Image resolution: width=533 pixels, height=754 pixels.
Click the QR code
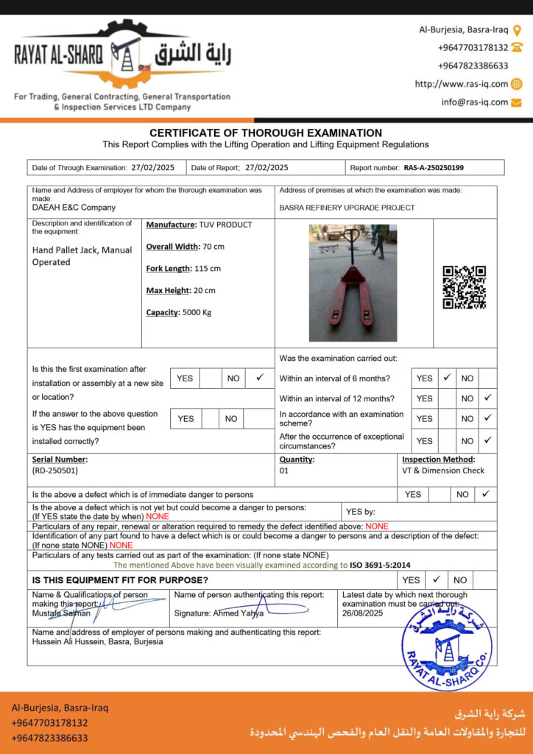[x=464, y=287]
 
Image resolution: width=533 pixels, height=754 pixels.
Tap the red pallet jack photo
[x=353, y=283]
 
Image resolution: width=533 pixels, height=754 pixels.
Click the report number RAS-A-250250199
[x=434, y=168]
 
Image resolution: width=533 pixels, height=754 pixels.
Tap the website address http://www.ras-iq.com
[x=462, y=84]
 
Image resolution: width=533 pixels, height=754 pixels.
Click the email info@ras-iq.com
[x=475, y=102]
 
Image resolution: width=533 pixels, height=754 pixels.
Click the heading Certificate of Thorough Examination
[x=266, y=133]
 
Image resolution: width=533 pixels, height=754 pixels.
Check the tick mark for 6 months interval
[x=447, y=378]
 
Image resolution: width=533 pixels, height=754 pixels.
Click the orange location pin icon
[x=517, y=30]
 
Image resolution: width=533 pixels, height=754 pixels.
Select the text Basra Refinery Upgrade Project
[x=347, y=208]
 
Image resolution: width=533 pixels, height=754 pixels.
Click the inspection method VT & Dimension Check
[x=443, y=471]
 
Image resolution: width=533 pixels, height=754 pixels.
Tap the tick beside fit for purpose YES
[x=436, y=579]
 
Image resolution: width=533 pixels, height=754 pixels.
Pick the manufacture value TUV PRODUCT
[x=225, y=225]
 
